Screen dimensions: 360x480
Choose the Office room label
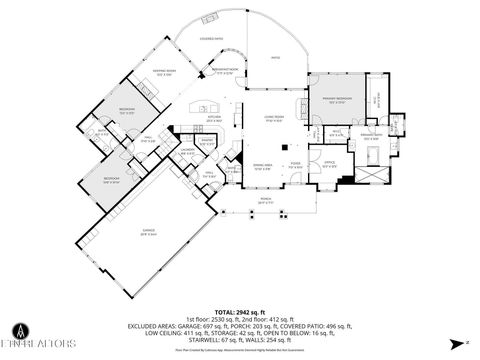[329, 164]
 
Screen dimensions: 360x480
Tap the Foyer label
[296, 163]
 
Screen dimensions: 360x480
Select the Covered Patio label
[211, 39]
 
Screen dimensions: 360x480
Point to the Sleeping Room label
[164, 72]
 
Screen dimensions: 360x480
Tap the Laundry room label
[187, 152]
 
